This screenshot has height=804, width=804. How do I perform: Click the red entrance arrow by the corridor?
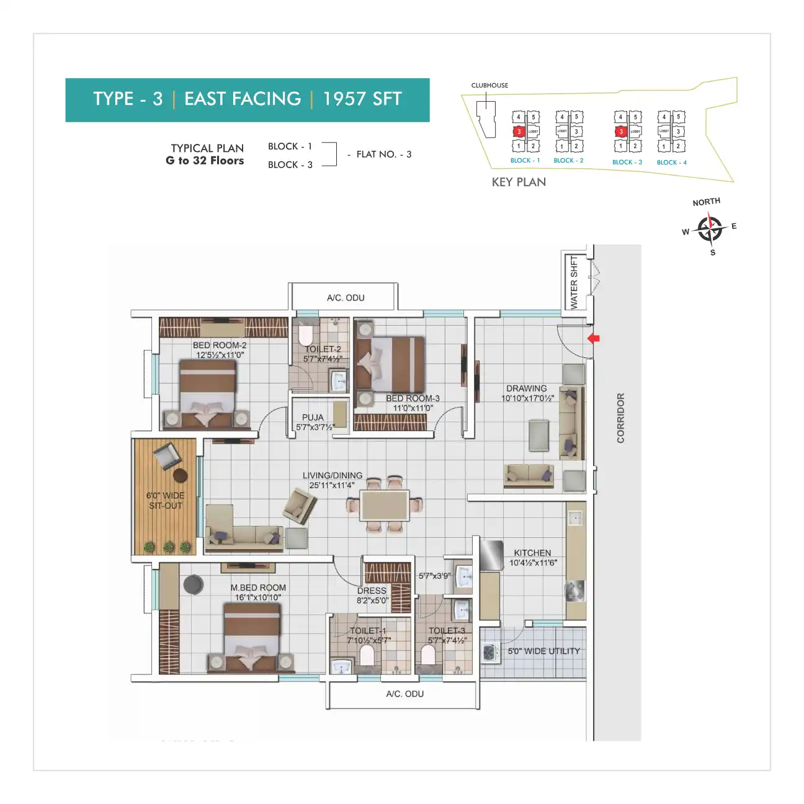coord(594,339)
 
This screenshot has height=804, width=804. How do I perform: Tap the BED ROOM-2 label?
coord(220,345)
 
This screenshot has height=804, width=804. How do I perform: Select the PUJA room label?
coord(313,418)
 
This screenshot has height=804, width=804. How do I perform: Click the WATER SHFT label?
coord(574,282)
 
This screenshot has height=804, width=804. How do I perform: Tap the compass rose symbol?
coord(709,228)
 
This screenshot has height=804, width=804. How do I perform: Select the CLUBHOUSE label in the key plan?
coord(489,86)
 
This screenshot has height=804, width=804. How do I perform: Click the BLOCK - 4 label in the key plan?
coord(672,163)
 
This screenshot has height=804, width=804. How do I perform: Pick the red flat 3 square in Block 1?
coord(519,132)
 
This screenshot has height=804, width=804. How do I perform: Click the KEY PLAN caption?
coord(519,182)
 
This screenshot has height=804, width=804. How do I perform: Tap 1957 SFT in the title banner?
coord(362,99)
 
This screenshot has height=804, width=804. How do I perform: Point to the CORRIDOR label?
coord(620,418)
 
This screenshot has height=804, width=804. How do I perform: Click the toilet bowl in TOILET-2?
coord(305,336)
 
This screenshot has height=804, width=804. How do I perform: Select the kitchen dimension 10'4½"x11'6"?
coord(533,563)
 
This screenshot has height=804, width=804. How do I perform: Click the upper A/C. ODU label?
coord(346,298)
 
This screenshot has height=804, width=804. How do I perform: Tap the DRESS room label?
coord(372,591)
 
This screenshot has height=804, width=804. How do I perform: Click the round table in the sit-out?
coord(181,476)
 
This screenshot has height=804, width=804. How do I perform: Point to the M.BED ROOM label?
coord(258,587)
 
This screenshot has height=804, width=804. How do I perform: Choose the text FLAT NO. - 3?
coord(383,154)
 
